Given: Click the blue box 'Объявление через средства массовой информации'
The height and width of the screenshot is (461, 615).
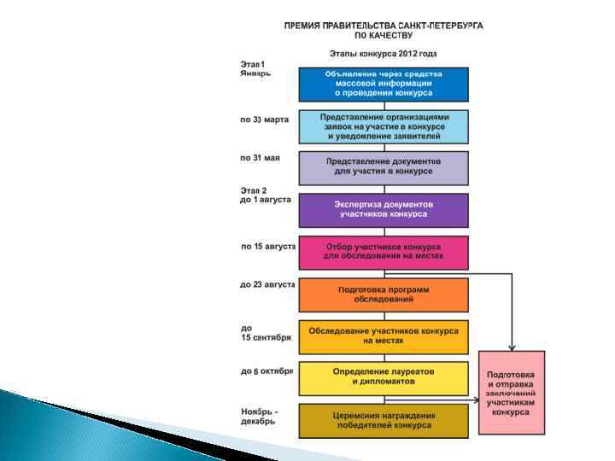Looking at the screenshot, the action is point(384,84).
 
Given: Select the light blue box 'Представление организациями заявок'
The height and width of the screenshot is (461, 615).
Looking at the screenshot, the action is point(384,126).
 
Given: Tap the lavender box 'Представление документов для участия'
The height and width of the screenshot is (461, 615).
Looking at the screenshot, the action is point(384,167).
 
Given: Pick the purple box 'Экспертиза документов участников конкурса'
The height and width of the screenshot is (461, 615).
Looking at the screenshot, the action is point(384,210).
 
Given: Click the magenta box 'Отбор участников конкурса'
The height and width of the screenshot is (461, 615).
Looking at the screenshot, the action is point(384,252).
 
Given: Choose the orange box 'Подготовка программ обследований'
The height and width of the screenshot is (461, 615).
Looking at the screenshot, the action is point(384,295).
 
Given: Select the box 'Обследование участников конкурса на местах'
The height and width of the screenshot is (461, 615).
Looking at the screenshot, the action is point(384,336).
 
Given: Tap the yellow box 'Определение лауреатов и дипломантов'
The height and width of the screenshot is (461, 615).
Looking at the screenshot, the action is point(384,378).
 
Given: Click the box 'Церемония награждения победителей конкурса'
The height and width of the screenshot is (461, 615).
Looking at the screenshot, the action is point(384,420).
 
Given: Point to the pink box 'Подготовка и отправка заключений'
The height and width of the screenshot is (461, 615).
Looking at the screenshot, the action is point(511,393).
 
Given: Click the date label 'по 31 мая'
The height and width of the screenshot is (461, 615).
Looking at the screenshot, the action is point(260,158).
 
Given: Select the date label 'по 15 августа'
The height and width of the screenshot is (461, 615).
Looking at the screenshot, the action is point(268,247).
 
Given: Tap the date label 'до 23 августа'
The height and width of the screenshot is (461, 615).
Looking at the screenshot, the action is point(267,284).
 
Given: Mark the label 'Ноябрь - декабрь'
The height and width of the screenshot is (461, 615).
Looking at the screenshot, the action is point(260,416).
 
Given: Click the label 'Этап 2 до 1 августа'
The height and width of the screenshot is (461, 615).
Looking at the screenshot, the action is point(265,195).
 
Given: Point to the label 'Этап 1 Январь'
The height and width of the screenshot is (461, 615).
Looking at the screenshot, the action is point(255,68).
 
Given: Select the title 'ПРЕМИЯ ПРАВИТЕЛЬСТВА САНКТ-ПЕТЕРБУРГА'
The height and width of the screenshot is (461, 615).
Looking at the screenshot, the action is point(384,26).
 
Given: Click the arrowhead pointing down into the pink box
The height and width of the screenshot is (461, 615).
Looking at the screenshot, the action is point(511,347).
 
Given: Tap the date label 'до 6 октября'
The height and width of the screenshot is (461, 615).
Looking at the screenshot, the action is point(266,371).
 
